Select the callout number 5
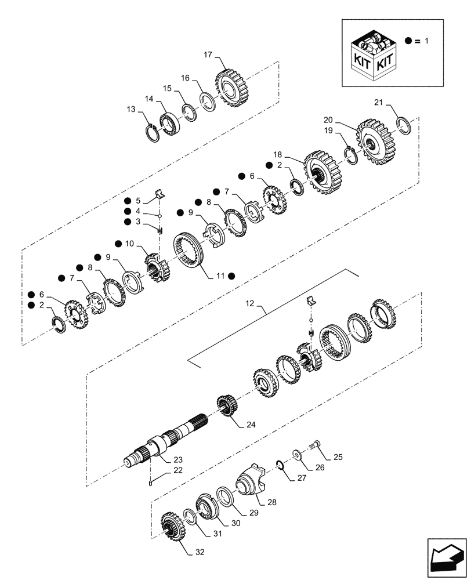pyautogui.click(x=138, y=201)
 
